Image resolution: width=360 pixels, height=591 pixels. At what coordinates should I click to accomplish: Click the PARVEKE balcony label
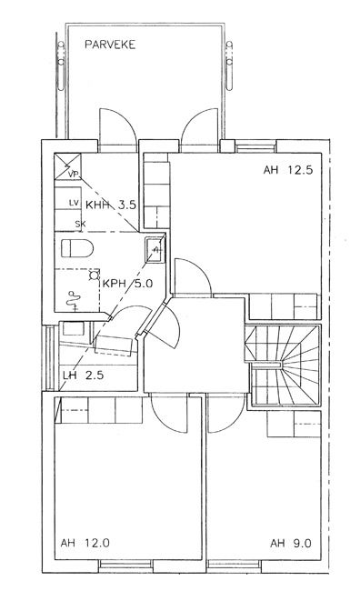click(110, 45)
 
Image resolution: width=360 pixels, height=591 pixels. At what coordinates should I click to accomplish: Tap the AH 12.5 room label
click(288, 170)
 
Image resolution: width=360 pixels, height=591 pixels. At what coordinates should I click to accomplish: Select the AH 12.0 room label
click(85, 543)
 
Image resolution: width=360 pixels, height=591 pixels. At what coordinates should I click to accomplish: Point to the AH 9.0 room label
click(291, 544)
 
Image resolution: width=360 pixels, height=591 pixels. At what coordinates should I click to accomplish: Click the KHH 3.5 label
click(110, 205)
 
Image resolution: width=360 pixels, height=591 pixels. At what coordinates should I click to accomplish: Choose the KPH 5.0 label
click(128, 284)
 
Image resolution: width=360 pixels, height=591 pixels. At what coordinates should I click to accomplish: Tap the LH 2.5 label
click(84, 376)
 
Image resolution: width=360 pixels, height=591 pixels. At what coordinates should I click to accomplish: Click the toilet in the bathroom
click(77, 248)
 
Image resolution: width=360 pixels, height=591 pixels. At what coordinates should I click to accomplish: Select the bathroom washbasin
click(155, 249)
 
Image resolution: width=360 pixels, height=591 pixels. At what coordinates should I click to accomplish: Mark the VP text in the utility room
click(74, 175)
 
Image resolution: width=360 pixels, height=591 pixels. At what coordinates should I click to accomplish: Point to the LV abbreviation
click(75, 203)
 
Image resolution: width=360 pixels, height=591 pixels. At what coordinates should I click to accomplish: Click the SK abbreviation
click(80, 224)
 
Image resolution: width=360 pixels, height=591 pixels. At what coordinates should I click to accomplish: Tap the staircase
click(283, 366)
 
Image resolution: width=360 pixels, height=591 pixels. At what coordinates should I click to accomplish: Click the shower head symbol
click(74, 300)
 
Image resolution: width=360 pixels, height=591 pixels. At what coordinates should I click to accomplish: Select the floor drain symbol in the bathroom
click(94, 275)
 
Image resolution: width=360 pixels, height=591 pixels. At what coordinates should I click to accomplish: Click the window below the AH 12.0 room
click(125, 565)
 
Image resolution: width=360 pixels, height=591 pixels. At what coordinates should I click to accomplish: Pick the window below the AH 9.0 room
click(234, 565)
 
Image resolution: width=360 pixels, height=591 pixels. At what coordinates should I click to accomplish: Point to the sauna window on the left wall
click(50, 358)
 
